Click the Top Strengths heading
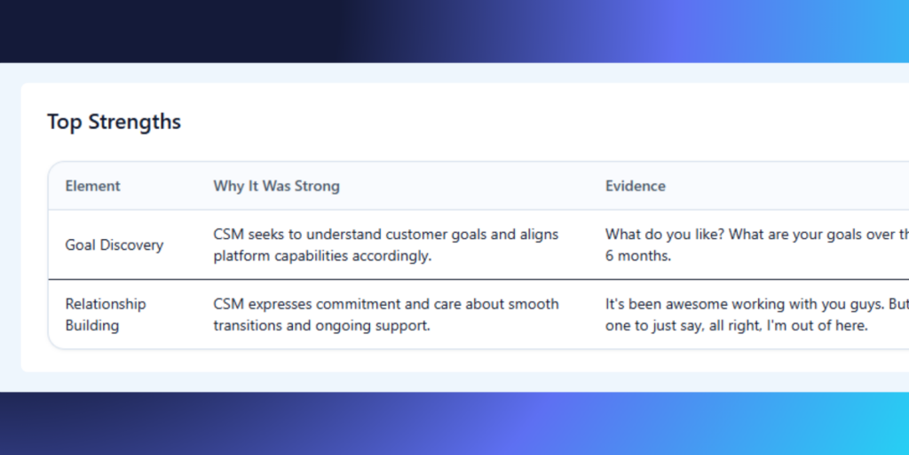[x=115, y=122]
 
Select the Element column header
[x=92, y=187]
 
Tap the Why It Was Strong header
[x=277, y=187]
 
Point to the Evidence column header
[x=636, y=187]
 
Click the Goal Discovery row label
[x=115, y=245]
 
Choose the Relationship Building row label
[x=106, y=315]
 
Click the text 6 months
[x=638, y=256]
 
